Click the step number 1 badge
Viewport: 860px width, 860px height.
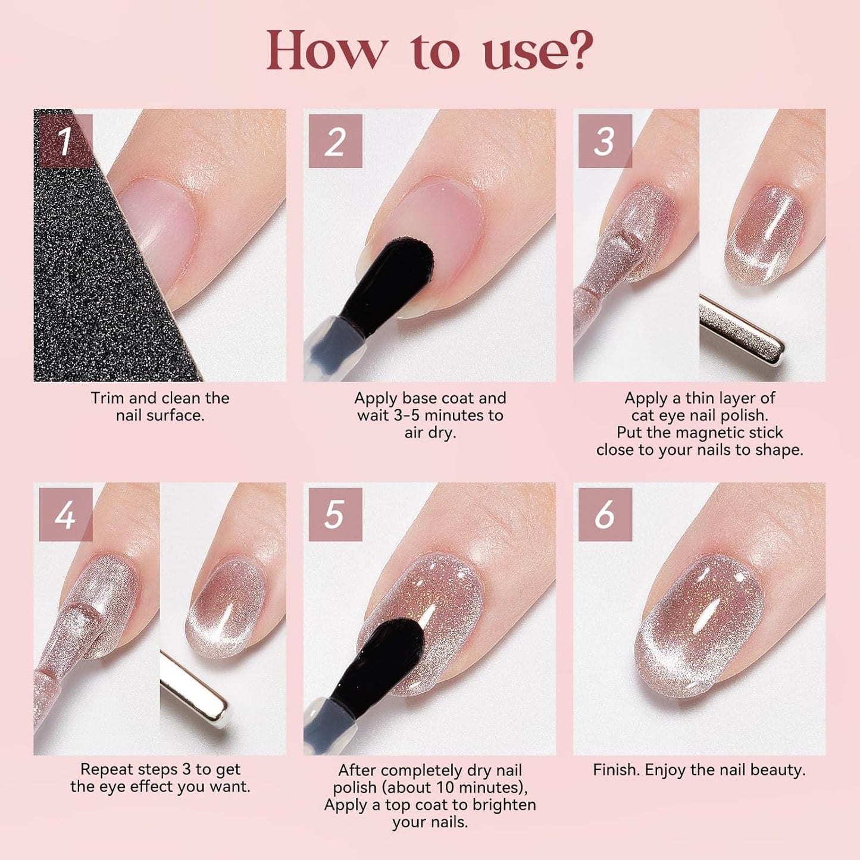pos(65,141)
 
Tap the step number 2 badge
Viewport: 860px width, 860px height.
pos(335,141)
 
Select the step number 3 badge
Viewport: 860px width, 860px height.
pos(605,141)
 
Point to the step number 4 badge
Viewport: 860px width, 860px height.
pos(65,514)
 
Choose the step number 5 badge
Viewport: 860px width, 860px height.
pos(335,514)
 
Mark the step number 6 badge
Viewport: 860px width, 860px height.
pos(605,514)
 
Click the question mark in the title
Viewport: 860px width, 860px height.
pos(579,50)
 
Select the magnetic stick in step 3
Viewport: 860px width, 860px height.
pos(741,330)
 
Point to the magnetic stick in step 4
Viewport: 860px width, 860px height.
pos(193,690)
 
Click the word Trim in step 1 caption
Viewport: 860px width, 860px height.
pos(107,398)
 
